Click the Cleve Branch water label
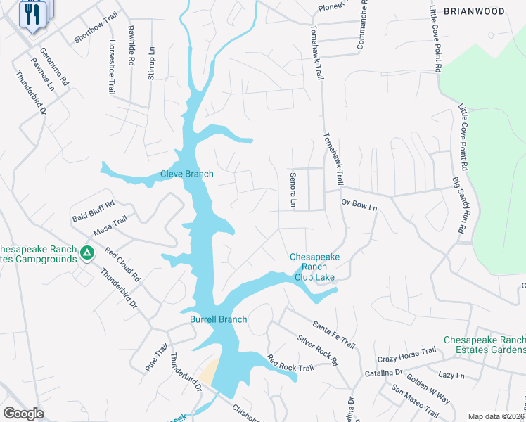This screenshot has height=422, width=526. (186, 174)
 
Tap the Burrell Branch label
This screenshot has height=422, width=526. (219, 319)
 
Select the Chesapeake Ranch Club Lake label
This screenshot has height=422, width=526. (314, 267)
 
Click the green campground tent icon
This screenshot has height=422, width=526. (86, 252)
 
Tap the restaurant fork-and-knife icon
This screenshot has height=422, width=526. (32, 14)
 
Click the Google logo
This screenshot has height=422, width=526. (23, 414)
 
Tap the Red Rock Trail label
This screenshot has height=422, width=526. (290, 364)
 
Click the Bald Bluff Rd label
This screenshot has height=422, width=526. (93, 210)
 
